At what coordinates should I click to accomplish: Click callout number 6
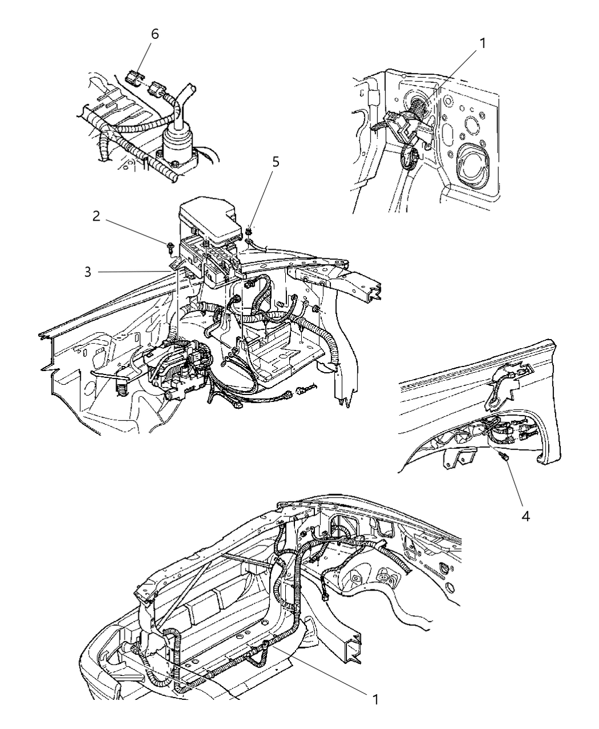click(154, 34)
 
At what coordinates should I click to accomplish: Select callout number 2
click(97, 217)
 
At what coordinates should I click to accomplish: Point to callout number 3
click(87, 273)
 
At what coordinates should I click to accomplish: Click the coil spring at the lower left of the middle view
click(122, 389)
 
